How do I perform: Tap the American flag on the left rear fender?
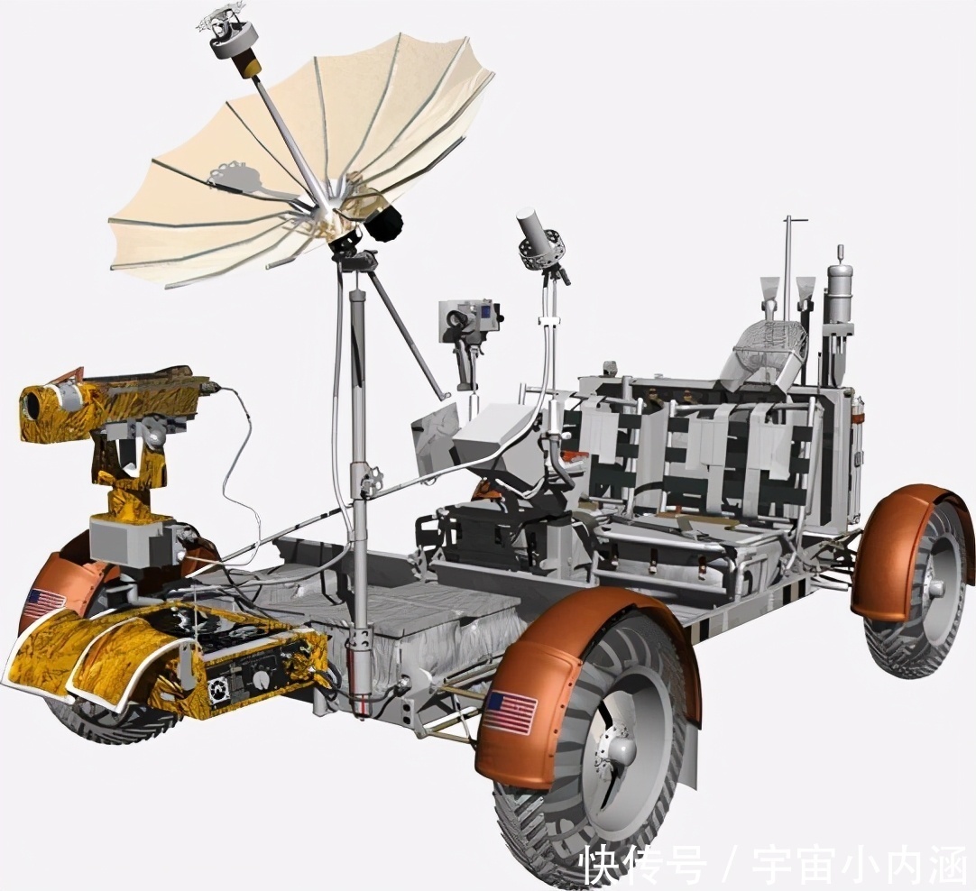coord(45,601)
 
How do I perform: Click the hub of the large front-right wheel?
coord(615,749)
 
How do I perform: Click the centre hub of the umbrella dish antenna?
coord(330,199)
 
